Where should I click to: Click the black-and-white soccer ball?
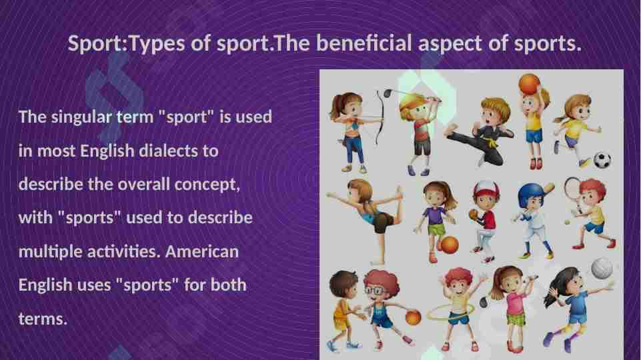tap(602, 160)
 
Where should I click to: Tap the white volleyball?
tap(602, 268)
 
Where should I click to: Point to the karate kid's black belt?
tap(493, 141)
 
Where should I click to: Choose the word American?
tap(202, 253)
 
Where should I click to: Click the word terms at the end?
tap(42, 319)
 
